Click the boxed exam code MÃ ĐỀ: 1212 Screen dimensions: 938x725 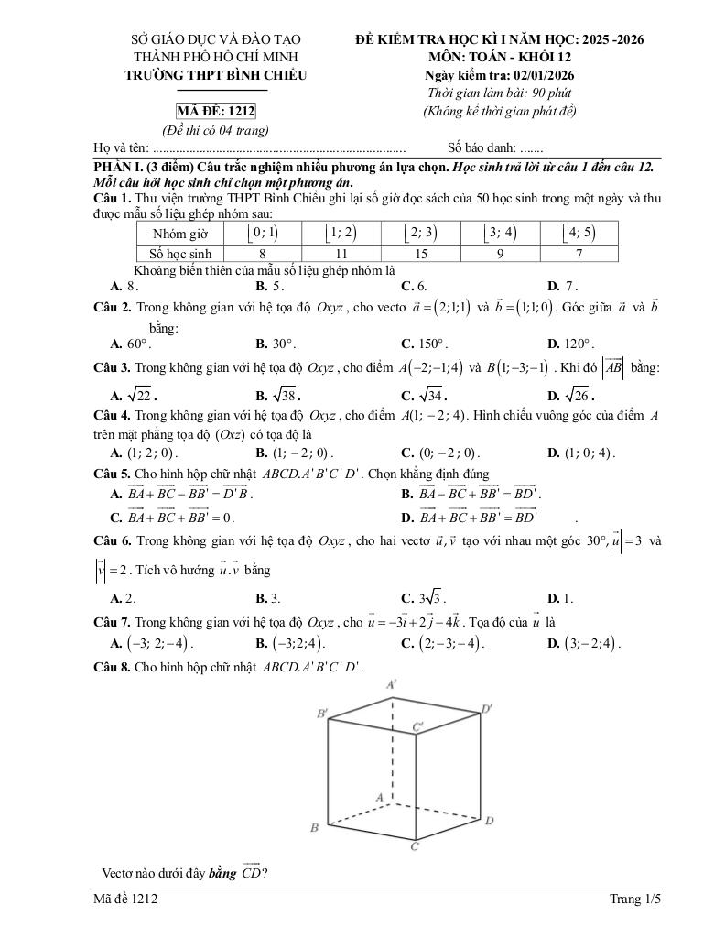216,112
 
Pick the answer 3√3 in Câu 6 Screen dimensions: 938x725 430,599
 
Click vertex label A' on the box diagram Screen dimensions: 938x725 392,684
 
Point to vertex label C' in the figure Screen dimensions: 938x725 417,727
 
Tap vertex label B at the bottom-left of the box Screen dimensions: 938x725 314,829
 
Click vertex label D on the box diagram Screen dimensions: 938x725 490,820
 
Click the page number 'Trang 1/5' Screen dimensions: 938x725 634,900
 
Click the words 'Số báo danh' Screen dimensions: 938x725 481,147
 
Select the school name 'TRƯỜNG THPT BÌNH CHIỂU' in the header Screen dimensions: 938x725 216,75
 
